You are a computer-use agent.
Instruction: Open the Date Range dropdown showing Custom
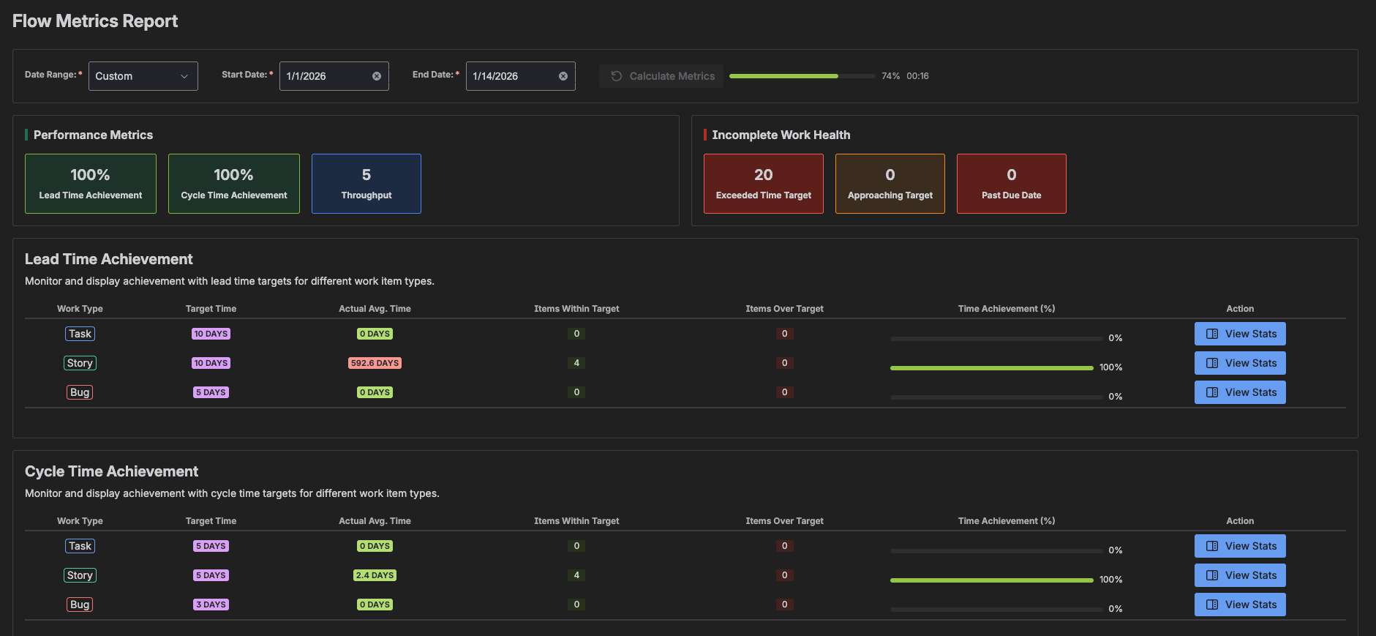click(143, 76)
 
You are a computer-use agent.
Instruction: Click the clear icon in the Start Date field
click(377, 76)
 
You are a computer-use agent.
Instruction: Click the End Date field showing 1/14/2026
click(512, 76)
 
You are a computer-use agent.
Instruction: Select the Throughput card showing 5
click(366, 184)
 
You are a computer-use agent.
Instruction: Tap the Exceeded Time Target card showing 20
click(763, 184)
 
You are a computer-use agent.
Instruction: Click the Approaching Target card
click(890, 184)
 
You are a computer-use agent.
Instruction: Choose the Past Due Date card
click(1011, 184)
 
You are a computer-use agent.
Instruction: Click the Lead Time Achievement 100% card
click(91, 184)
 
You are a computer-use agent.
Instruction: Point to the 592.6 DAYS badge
click(375, 363)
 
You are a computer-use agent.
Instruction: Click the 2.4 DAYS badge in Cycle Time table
click(375, 575)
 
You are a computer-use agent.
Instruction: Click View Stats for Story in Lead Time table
click(1240, 363)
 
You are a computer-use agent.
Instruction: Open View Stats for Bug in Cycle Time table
click(1240, 605)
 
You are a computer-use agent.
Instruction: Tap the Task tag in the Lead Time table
click(80, 334)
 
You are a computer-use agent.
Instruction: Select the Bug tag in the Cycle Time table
click(80, 605)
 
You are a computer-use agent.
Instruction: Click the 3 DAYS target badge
click(211, 605)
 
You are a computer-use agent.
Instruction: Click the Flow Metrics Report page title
click(95, 21)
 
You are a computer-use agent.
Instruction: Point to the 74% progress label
click(890, 76)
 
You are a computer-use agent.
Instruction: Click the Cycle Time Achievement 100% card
click(234, 184)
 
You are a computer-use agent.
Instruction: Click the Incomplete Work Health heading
click(781, 135)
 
